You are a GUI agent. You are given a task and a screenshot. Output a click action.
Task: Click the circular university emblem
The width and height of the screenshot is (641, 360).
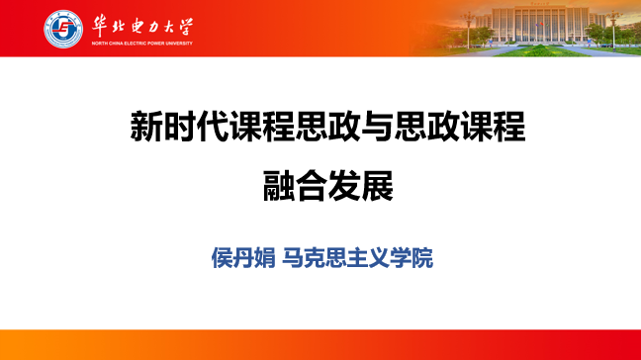click(x=63, y=29)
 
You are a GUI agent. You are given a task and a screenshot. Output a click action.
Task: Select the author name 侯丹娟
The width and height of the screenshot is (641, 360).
click(x=243, y=258)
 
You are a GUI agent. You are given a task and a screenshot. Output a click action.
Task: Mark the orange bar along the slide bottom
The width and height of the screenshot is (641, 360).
click(x=320, y=344)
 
